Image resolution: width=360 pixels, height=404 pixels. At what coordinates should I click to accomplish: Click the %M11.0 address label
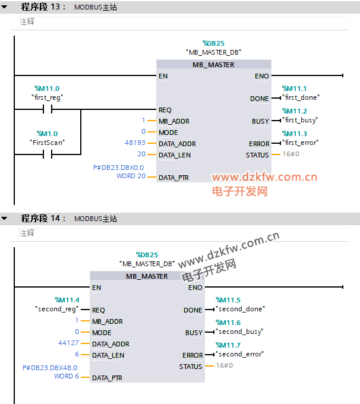coord(47,89)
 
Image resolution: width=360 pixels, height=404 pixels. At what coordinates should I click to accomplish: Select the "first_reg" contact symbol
coord(48,109)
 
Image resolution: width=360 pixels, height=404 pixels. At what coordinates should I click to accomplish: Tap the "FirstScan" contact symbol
coord(48,154)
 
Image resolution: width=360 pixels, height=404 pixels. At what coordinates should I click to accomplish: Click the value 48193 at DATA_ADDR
coord(135,143)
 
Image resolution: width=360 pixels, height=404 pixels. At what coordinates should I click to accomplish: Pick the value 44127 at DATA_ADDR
coord(68,343)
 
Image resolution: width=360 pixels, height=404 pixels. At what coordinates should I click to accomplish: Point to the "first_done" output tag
coord(301,97)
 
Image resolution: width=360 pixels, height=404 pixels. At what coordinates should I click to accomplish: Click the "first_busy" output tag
coord(300,121)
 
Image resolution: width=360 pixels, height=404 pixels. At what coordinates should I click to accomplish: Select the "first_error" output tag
coord(301,143)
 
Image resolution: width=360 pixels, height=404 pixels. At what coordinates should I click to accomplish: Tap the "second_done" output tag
coord(241,309)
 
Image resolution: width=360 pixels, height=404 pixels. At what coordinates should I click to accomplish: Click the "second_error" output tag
coord(239,354)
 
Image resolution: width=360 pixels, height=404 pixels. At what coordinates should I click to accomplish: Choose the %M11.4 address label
coord(67,300)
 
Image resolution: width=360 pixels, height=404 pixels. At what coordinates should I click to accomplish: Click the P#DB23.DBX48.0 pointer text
coord(50,368)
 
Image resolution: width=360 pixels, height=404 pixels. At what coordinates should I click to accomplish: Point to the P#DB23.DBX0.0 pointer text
coord(119,168)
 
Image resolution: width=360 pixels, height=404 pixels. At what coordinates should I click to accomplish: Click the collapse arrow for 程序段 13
coord(4,7)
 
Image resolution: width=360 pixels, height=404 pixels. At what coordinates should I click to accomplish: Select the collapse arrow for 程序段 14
coord(4,219)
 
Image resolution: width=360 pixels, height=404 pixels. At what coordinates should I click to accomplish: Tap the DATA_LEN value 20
coord(141,154)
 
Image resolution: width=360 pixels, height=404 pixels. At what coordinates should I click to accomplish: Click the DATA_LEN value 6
coord(77,354)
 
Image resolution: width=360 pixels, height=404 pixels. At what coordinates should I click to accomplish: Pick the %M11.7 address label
coord(228,345)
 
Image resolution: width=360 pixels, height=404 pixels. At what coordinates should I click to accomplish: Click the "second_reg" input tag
coord(57,309)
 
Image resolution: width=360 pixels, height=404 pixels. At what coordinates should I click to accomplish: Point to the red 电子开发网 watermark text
coord(239,191)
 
